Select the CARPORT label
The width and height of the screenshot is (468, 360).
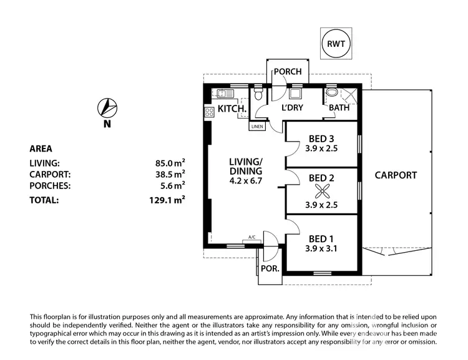point(396,175)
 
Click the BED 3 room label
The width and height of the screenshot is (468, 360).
point(322,139)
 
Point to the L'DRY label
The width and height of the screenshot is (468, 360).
point(292,108)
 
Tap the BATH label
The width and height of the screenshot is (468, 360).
point(339,108)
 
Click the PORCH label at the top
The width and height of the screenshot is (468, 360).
point(288,72)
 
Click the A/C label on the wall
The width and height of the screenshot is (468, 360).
point(251,238)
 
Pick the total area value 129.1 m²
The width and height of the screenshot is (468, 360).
point(170,200)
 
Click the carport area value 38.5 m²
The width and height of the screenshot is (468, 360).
point(170,175)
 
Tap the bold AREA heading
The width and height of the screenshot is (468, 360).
point(41,149)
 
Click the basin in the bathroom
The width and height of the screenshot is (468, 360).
point(333,94)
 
